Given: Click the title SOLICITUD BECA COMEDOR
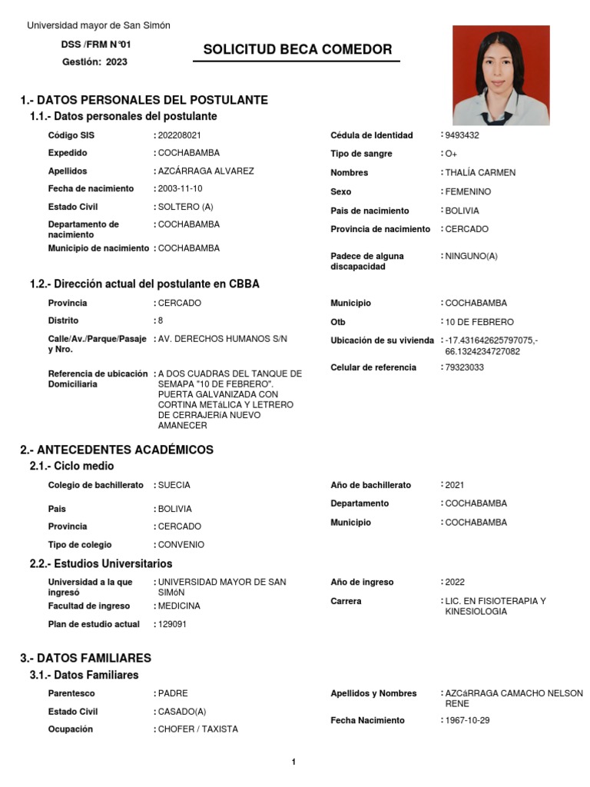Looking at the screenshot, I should pyautogui.click(x=297, y=50).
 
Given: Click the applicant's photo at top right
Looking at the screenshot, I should pyautogui.click(x=501, y=75).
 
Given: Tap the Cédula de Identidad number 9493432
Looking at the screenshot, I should pyautogui.click(x=462, y=135).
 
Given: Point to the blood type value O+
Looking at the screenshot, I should pyautogui.click(x=451, y=154).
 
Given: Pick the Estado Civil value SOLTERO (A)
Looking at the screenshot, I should pyautogui.click(x=185, y=207).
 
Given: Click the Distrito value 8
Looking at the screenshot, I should pyautogui.click(x=161, y=320).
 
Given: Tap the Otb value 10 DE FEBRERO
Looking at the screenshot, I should pyautogui.click(x=479, y=322).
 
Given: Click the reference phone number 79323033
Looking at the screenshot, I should pyautogui.click(x=464, y=367).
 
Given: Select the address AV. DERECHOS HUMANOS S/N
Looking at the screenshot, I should pyautogui.click(x=222, y=339).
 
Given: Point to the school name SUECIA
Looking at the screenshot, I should pyautogui.click(x=174, y=485).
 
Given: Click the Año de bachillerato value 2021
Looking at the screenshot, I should pyautogui.click(x=455, y=485).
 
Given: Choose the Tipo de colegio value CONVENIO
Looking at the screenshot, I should pyautogui.click(x=181, y=545).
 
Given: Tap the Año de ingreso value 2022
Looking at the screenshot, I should pyautogui.click(x=455, y=583).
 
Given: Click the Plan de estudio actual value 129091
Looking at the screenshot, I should pyautogui.click(x=172, y=624).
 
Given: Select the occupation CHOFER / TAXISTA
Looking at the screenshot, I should pyautogui.click(x=197, y=729).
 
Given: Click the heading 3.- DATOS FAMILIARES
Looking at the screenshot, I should pyautogui.click(x=86, y=658).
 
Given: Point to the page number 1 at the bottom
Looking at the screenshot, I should pyautogui.click(x=293, y=762).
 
